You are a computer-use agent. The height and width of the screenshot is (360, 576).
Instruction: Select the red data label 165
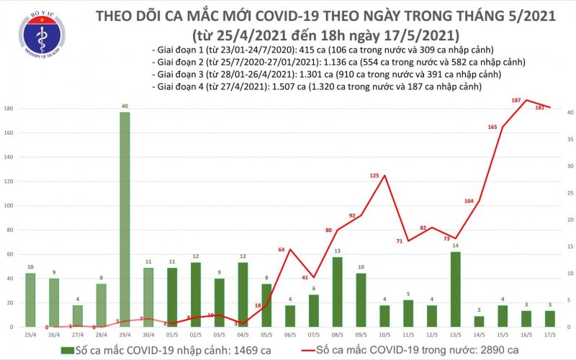click(x=492, y=127)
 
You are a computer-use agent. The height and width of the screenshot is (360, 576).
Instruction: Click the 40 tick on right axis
click(x=568, y=113)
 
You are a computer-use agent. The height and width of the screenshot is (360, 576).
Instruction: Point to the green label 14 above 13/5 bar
click(x=454, y=246)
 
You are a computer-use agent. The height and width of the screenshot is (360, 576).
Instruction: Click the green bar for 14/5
click(x=479, y=321)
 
